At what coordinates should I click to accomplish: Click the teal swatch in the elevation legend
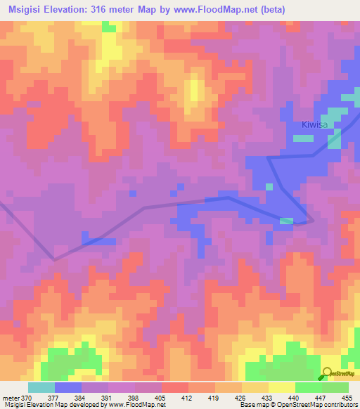pyautogui.click(x=41, y=387)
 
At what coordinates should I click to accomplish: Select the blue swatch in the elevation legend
pyautogui.click(x=68, y=387)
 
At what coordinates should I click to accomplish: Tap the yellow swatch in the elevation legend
pyautogui.click(x=282, y=387)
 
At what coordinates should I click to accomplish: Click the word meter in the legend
pyautogui.click(x=11, y=397)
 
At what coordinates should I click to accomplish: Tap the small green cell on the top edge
pyautogui.click(x=109, y=25)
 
